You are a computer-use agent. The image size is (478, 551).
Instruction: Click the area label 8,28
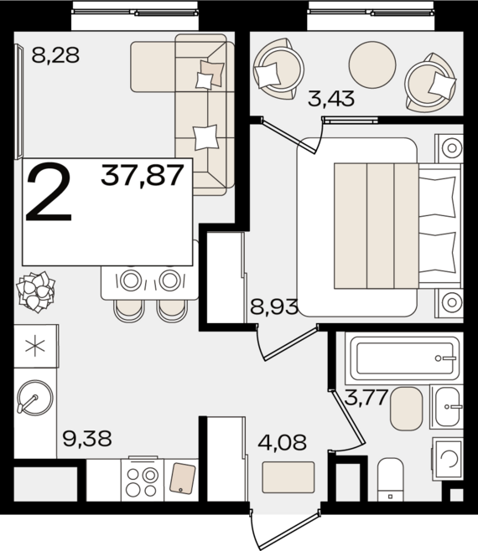point(55,55)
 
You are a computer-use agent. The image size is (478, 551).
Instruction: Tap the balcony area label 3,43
point(331,99)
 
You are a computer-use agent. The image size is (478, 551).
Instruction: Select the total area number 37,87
point(143,175)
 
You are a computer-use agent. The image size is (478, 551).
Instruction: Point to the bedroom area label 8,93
point(274,306)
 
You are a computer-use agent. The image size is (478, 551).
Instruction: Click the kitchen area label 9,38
point(87,439)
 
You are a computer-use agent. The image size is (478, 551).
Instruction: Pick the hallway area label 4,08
point(283,442)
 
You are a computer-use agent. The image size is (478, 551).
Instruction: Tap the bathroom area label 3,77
point(366,398)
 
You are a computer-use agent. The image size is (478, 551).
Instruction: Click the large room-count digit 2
point(49,192)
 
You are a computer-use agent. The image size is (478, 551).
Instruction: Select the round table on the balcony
point(372,65)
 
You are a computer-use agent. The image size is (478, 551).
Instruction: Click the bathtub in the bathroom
point(403,358)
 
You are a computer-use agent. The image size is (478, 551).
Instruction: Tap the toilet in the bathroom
point(390,479)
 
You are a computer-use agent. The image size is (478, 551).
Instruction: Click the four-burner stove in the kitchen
point(143,480)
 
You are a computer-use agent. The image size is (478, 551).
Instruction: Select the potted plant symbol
point(36,291)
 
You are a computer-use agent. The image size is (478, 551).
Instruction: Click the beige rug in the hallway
point(288,477)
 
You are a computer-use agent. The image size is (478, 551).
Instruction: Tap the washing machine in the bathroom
point(447,459)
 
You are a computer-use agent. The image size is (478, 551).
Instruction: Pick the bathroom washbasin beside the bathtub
point(446,407)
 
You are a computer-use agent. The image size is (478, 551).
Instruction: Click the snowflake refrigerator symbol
point(35,346)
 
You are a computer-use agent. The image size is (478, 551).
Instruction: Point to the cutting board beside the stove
point(182,478)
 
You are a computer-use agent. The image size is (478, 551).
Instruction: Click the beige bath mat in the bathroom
point(406,409)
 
